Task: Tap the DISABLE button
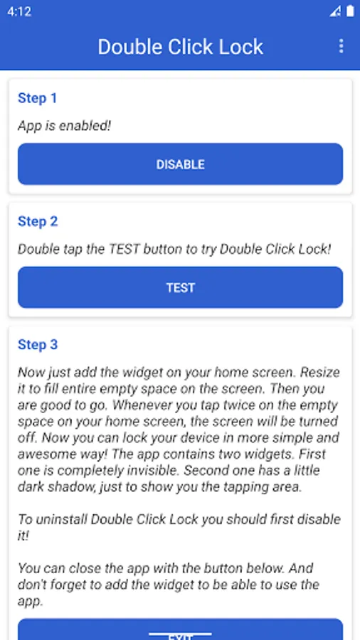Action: pyautogui.click(x=180, y=164)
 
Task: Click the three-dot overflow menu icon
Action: pyautogui.click(x=342, y=46)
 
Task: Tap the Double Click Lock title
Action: pyautogui.click(x=181, y=46)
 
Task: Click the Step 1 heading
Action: pyautogui.click(x=37, y=98)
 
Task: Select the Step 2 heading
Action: pyautogui.click(x=38, y=222)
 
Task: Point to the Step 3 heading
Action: pyautogui.click(x=38, y=345)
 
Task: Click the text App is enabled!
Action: pyautogui.click(x=65, y=126)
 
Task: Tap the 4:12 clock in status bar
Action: pyautogui.click(x=18, y=11)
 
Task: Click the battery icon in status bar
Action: pyautogui.click(x=350, y=11)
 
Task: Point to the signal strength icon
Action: pyautogui.click(x=335, y=12)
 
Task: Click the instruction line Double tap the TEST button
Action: pyautogui.click(x=174, y=250)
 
